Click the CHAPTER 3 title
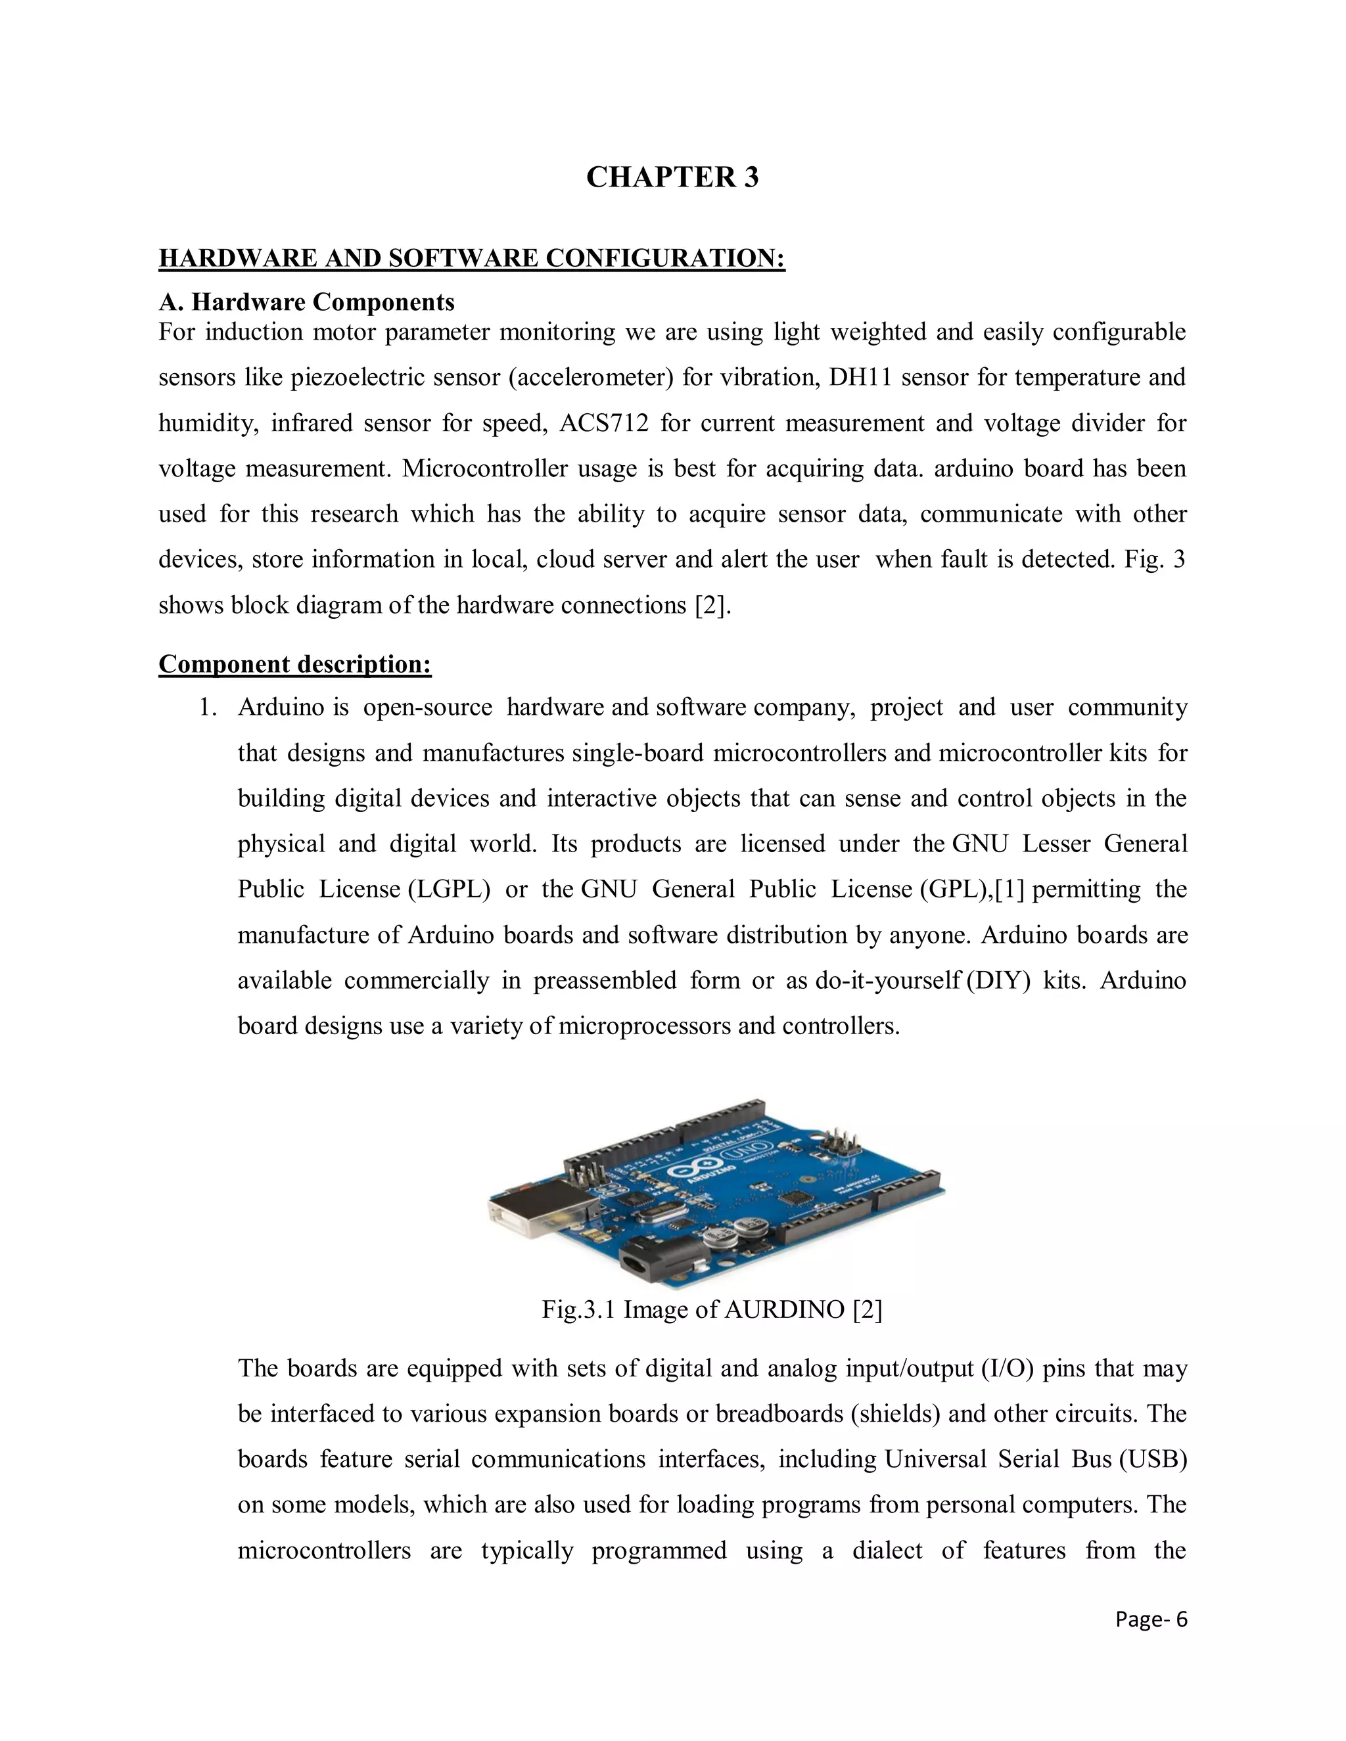pyautogui.click(x=672, y=177)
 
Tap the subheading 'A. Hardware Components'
pyautogui.click(x=306, y=302)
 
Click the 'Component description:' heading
pyautogui.click(x=295, y=664)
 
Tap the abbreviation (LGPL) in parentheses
pyautogui.click(x=448, y=890)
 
